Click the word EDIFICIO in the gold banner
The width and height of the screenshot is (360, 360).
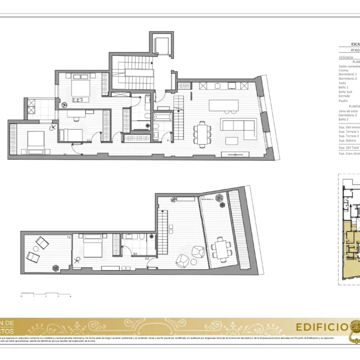[x=321, y=326]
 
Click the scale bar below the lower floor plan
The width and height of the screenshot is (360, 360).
[x=46, y=293]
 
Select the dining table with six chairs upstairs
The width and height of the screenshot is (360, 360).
[x=202, y=132]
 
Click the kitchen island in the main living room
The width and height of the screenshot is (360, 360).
[x=223, y=105]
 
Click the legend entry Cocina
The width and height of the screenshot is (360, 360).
[x=344, y=70]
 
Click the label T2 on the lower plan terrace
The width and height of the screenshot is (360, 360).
[x=69, y=237]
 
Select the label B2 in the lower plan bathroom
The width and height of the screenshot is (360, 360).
[x=135, y=254]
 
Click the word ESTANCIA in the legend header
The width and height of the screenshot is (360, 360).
[x=346, y=57]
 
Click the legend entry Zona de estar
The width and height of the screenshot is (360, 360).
[x=348, y=111]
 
